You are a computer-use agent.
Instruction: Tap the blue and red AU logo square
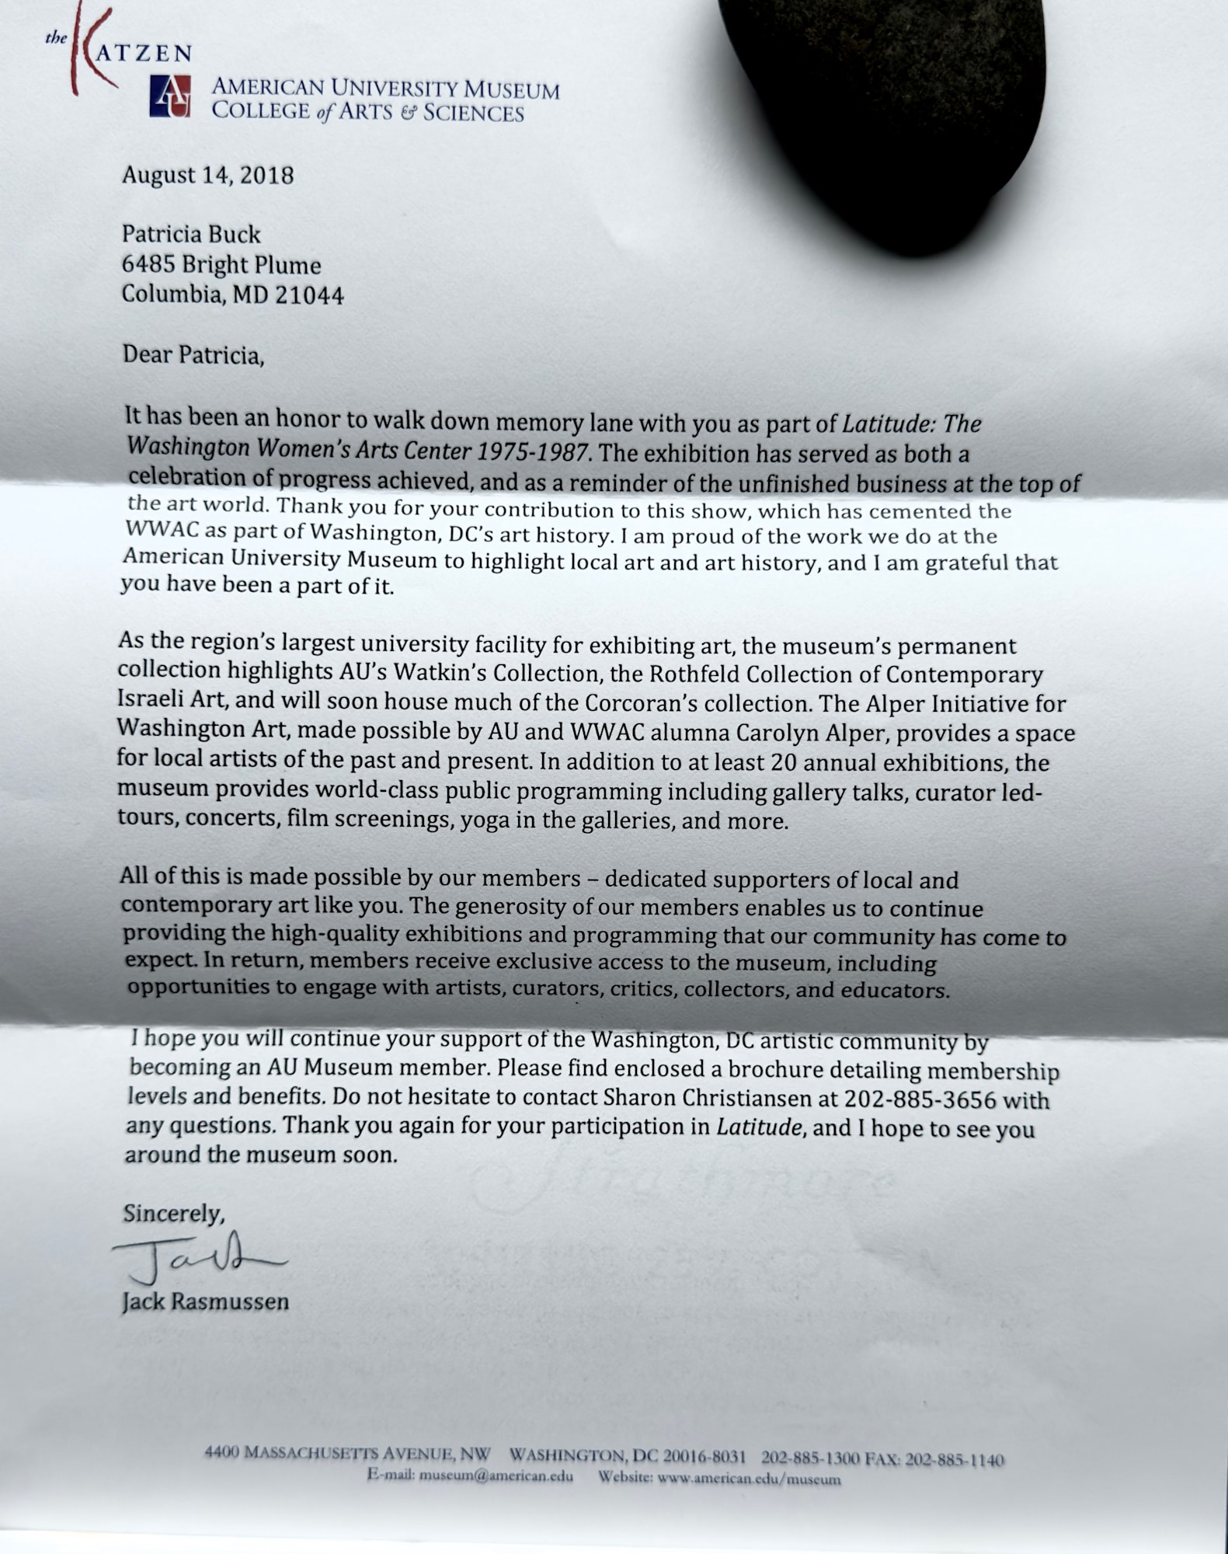pos(169,96)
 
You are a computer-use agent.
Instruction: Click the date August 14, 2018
pos(207,175)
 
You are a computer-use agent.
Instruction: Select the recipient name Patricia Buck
pos(191,235)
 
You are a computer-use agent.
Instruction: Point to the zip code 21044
pos(309,295)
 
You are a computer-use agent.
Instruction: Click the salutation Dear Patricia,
pos(193,355)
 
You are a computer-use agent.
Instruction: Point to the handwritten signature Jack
pos(194,1260)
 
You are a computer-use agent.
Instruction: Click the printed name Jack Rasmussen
pos(205,1302)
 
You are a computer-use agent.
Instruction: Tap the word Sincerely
pos(172,1214)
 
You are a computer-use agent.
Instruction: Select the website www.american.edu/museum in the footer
pos(749,1478)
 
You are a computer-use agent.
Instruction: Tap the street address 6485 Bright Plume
pos(221,265)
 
